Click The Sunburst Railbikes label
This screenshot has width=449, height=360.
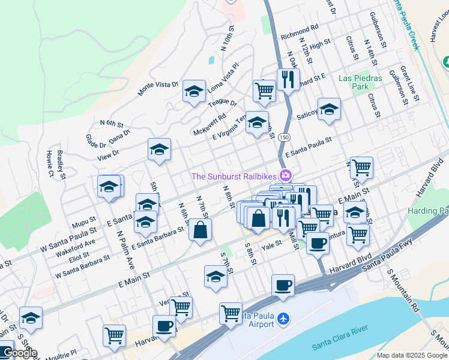pos(234,176)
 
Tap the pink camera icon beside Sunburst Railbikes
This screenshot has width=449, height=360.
pos(285,175)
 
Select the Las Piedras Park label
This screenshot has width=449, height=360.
pos(360,82)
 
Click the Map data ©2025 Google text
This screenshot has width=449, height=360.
pos(411,355)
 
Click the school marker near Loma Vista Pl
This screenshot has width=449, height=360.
pos(194,91)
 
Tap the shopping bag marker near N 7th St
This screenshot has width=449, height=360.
pos(200,229)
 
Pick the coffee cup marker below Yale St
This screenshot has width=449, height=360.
pos(318,243)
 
